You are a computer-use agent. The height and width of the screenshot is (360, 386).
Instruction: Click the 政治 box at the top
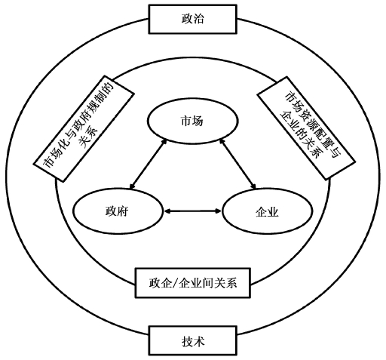(192, 19)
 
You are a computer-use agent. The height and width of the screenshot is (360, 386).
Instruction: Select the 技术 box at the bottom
(193, 340)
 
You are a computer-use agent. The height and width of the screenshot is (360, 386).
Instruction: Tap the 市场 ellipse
(192, 122)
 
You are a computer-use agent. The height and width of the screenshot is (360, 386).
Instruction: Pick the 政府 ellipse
(118, 211)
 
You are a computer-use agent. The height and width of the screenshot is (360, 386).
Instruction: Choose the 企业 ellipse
(268, 211)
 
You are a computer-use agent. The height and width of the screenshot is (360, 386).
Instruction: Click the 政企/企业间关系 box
(193, 283)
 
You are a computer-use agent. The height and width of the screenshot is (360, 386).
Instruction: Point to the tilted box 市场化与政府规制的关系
(84, 128)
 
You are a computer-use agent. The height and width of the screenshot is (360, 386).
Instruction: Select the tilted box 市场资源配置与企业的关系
(305, 128)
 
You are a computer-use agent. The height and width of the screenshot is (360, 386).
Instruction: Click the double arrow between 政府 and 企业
(192, 211)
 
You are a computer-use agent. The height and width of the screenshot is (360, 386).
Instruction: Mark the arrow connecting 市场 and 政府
(149, 164)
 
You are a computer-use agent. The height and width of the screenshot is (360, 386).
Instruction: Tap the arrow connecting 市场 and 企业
(237, 164)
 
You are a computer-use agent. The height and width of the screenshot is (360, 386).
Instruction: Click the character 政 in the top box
(187, 19)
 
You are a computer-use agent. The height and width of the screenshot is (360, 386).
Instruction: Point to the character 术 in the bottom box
(199, 341)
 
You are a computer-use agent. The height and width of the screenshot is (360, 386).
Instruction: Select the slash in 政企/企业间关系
(175, 283)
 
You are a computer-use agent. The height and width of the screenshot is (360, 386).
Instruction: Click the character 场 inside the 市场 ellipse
(198, 122)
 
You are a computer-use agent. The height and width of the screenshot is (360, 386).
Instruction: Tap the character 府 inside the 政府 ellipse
(123, 211)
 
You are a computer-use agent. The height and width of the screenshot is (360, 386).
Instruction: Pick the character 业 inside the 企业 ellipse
(273, 212)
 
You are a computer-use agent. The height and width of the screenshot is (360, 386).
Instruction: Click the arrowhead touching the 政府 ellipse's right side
(167, 211)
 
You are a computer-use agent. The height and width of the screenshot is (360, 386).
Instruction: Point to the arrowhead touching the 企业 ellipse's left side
(218, 211)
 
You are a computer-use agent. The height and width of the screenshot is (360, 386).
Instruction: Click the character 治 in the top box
(198, 19)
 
